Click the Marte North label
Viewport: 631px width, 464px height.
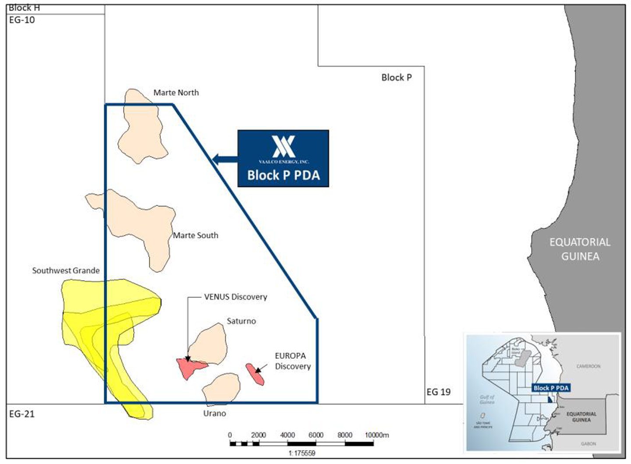coord(176,92)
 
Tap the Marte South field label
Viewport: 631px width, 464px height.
coord(195,235)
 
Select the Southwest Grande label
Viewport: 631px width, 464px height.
coord(66,270)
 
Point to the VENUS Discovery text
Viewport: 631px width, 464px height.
coord(235,297)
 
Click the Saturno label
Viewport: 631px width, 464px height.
coord(241,321)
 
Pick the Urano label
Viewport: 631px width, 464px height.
coord(214,413)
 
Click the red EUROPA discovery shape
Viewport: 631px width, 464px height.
coord(255,374)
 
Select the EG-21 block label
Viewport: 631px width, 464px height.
coord(22,414)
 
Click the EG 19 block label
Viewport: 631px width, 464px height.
coord(438,392)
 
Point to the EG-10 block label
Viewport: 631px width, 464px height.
coord(22,20)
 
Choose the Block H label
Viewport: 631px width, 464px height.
coord(24,8)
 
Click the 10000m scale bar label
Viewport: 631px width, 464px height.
coord(377,435)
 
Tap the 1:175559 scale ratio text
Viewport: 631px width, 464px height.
coord(302,453)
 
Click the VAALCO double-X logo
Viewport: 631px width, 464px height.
coord(284,146)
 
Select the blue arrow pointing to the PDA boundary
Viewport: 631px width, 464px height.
coord(225,159)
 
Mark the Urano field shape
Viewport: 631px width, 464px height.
coord(222,389)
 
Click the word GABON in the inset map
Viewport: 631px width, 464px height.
coord(588,443)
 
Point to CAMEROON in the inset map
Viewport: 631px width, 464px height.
coord(588,366)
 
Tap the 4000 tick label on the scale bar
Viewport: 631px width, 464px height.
coord(287,435)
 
